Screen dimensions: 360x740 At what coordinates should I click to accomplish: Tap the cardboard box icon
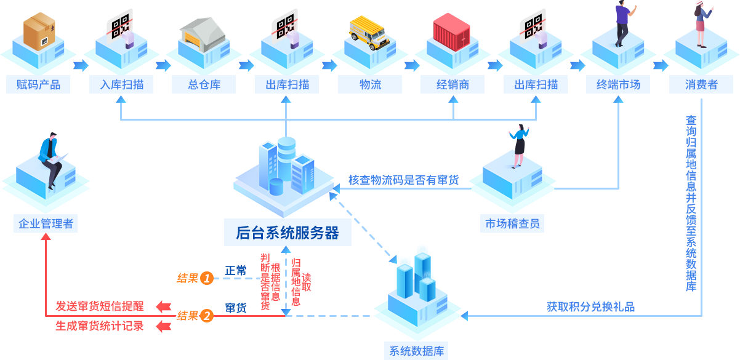coord(40,31)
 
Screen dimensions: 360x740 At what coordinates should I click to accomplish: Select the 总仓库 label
coord(204,85)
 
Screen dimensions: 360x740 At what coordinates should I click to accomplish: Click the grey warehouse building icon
coord(204,34)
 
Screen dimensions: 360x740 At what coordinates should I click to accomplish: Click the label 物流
coord(370,85)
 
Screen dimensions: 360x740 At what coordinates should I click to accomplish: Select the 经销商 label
coord(452,85)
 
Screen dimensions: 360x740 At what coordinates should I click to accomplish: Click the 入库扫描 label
coord(121,85)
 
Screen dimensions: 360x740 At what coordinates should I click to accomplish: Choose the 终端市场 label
coord(618,85)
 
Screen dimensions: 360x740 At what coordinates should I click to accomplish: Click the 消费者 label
coord(701,85)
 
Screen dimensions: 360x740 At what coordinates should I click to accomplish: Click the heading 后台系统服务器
coord(288,233)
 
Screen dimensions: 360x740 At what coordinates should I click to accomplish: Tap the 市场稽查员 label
coord(512,224)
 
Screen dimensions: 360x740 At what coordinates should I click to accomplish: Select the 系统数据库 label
coord(416,351)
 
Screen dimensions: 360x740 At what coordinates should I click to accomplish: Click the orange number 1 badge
coord(206,278)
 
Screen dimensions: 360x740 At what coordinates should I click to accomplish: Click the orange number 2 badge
coord(206,316)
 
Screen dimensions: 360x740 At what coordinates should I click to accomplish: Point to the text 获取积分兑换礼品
coord(590,306)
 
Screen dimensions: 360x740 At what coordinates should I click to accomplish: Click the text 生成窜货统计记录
coord(99,326)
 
